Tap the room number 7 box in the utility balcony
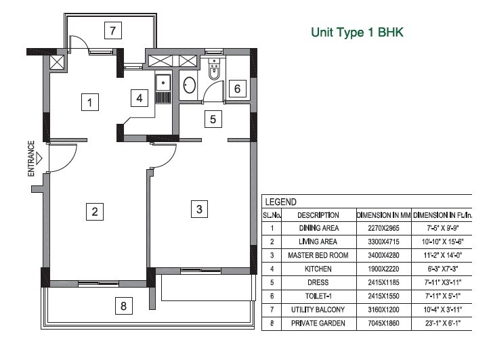(x=114, y=30)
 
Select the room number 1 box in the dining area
(x=88, y=103)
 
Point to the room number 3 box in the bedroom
(x=199, y=209)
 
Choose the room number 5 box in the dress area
(x=213, y=120)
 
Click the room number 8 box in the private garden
(x=123, y=306)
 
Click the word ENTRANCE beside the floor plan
(x=31, y=158)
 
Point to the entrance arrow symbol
(x=40, y=159)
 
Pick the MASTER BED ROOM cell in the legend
(x=318, y=255)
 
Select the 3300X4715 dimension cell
(x=383, y=242)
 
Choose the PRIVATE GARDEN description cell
(x=318, y=323)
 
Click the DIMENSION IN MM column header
(x=383, y=215)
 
